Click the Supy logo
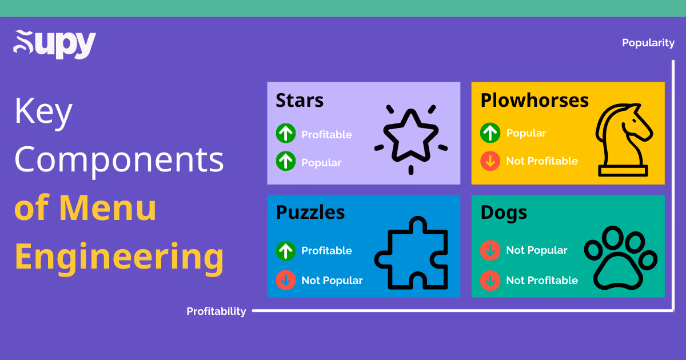(x=54, y=44)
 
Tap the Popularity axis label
(x=648, y=43)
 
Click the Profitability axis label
(x=216, y=311)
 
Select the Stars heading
(x=300, y=101)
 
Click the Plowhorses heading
(x=534, y=101)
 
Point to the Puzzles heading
(x=310, y=213)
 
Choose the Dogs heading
(x=504, y=213)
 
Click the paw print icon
(x=620, y=257)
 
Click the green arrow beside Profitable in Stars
(x=286, y=134)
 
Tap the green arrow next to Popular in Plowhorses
(x=490, y=133)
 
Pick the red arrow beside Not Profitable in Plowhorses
(x=490, y=161)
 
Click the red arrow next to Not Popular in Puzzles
(x=286, y=280)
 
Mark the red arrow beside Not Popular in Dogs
(x=490, y=250)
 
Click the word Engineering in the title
(x=119, y=257)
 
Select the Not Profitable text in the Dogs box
(x=542, y=280)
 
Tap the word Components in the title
(x=119, y=159)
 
